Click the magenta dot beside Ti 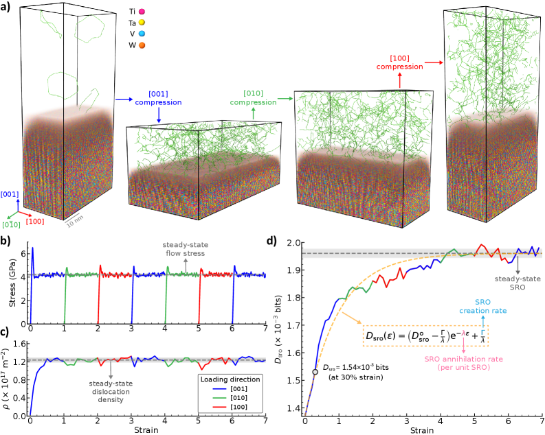pyautogui.click(x=142, y=12)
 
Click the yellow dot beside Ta pyautogui.click(x=142, y=23)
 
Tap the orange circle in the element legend pyautogui.click(x=142, y=45)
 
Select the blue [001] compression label pyautogui.click(x=158, y=98)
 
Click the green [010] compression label pyautogui.click(x=253, y=98)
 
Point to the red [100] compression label pyautogui.click(x=399, y=62)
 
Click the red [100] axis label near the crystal pyautogui.click(x=35, y=221)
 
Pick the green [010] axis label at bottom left pyautogui.click(x=11, y=224)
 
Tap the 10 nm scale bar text pyautogui.click(x=75, y=220)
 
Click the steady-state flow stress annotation pyautogui.click(x=185, y=248)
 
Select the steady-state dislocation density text pyautogui.click(x=109, y=391)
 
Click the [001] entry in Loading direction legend pyautogui.click(x=230, y=388)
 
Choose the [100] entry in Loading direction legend pyautogui.click(x=230, y=407)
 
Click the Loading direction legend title pyautogui.click(x=230, y=379)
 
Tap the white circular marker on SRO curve pyautogui.click(x=315, y=372)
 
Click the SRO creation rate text pyautogui.click(x=482, y=307)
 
